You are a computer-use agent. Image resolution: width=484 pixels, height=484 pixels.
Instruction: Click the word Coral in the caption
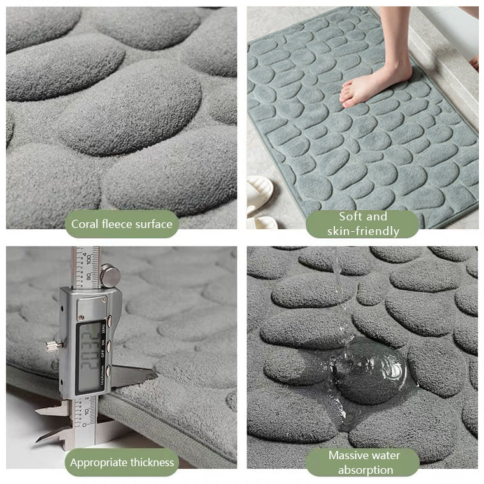click(x=85, y=224)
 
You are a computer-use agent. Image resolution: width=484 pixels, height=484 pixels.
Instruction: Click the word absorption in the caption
click(x=365, y=470)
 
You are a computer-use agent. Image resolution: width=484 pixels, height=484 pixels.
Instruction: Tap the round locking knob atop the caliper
click(x=110, y=276)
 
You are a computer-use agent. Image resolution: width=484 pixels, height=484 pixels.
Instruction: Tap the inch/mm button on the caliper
click(x=109, y=370)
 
